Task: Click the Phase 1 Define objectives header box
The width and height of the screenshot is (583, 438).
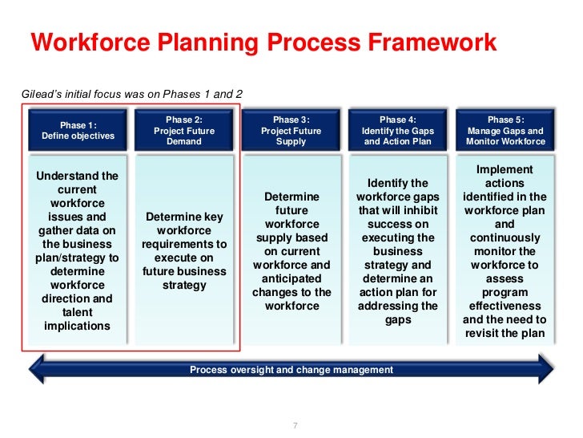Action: pyautogui.click(x=78, y=130)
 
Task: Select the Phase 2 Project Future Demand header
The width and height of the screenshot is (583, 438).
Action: pyautogui.click(x=184, y=130)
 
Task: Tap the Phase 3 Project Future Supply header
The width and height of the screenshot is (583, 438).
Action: pyautogui.click(x=291, y=130)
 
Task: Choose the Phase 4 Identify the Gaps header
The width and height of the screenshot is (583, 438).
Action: pyautogui.click(x=398, y=130)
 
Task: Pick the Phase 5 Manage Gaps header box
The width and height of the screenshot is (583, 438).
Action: pyautogui.click(x=505, y=130)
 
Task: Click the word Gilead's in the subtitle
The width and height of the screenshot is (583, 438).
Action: pyautogui.click(x=41, y=94)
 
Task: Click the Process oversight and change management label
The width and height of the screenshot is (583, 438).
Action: pyautogui.click(x=291, y=370)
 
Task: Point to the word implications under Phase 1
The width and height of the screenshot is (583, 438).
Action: pyautogui.click(x=78, y=326)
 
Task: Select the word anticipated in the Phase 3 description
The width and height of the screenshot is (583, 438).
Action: pyautogui.click(x=291, y=278)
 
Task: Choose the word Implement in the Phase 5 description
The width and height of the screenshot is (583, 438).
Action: pyautogui.click(x=505, y=169)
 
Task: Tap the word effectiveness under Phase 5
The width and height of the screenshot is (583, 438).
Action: pyautogui.click(x=505, y=306)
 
